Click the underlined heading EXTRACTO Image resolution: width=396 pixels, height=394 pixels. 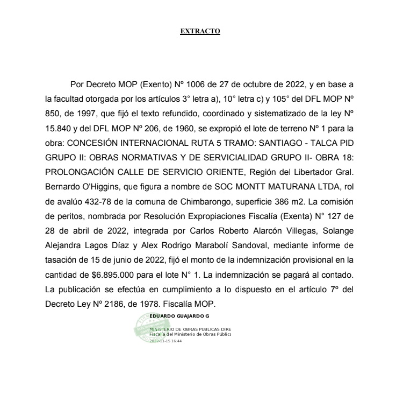pyautogui.click(x=200, y=31)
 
